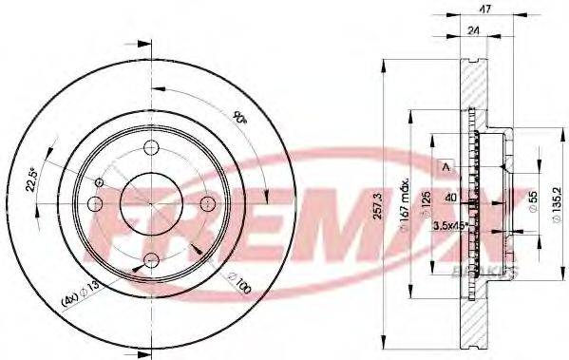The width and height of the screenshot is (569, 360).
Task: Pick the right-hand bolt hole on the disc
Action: pos(208,203)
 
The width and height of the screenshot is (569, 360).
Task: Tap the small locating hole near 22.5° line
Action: pos(101,182)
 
